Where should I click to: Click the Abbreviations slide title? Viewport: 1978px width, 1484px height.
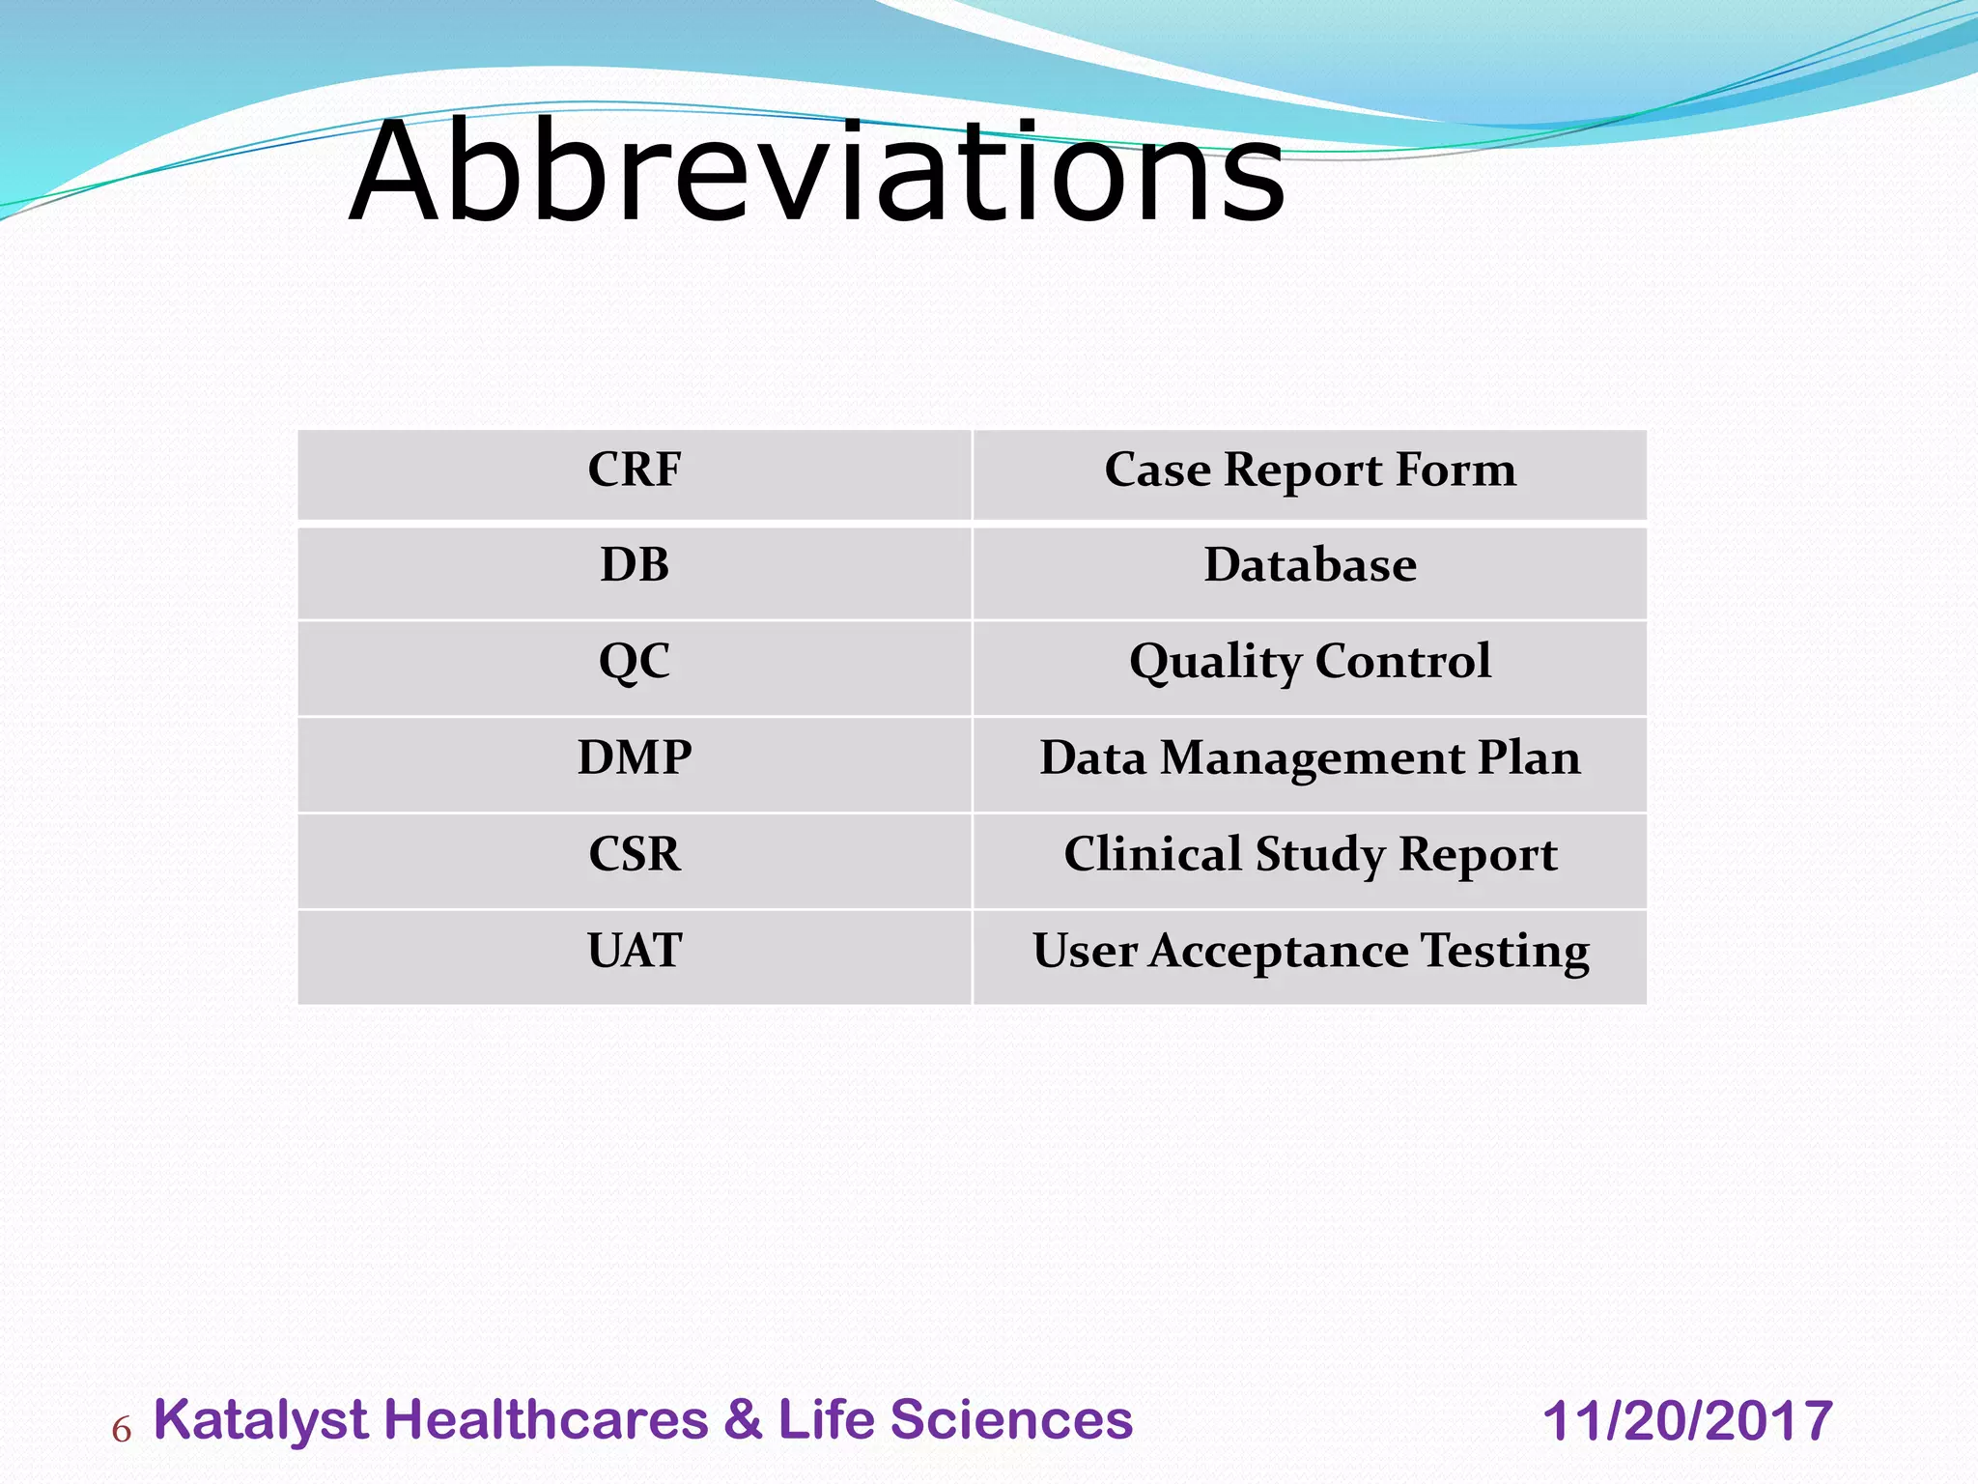point(816,174)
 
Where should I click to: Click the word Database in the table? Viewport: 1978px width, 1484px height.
point(1310,565)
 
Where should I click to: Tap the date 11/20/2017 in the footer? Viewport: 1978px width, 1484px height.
point(1687,1422)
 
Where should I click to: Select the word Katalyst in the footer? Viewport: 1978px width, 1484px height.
point(261,1421)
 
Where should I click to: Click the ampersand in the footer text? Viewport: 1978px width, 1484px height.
point(743,1421)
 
